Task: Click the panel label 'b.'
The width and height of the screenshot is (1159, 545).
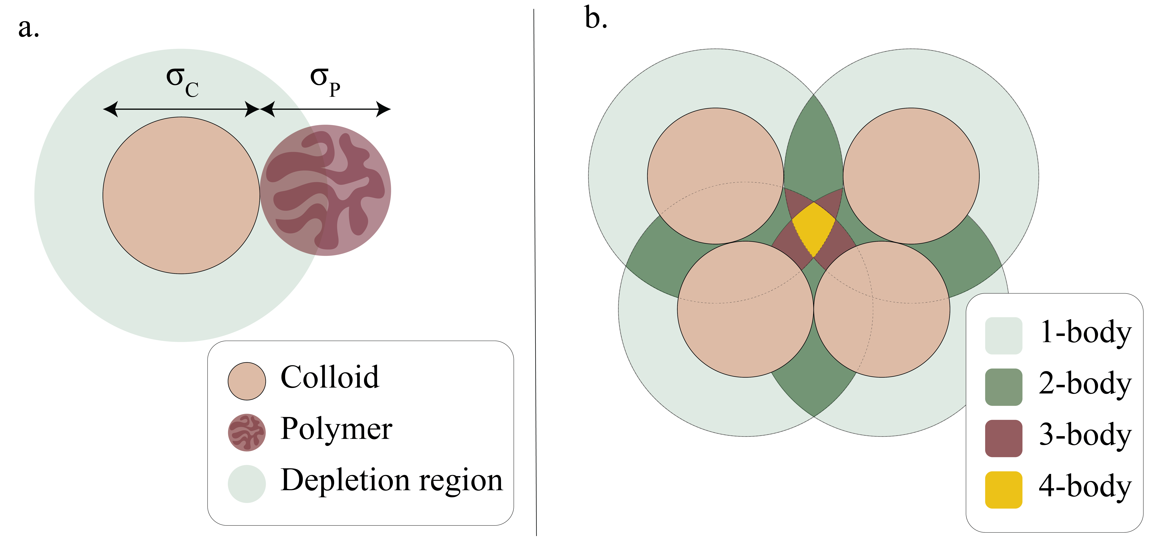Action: pyautogui.click(x=596, y=19)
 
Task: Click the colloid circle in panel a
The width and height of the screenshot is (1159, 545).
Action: pyautogui.click(x=181, y=195)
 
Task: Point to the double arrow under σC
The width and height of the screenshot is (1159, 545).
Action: pyautogui.click(x=181, y=109)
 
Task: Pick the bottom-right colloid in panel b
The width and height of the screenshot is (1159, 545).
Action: pyautogui.click(x=882, y=309)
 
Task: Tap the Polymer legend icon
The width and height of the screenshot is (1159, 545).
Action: pyautogui.click(x=247, y=432)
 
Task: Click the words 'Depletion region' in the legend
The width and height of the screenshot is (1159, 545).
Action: pyautogui.click(x=391, y=480)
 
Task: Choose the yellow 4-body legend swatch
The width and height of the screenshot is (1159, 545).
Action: pyautogui.click(x=1003, y=490)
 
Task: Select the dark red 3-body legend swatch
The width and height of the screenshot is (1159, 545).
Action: pyautogui.click(x=1003, y=438)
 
